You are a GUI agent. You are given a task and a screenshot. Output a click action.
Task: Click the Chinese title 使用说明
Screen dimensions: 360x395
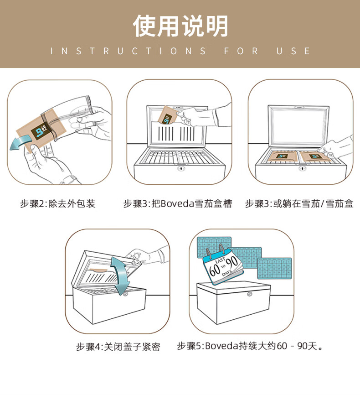[x=180, y=26]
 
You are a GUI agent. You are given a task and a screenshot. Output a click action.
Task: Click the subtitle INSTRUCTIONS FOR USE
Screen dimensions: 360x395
[x=180, y=51]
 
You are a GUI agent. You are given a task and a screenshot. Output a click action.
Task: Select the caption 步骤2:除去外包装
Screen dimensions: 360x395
[x=58, y=203]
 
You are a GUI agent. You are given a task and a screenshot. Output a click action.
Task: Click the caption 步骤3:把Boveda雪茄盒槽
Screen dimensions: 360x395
[x=177, y=203]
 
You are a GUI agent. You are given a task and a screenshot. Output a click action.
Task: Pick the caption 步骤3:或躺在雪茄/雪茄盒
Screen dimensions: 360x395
[x=299, y=203]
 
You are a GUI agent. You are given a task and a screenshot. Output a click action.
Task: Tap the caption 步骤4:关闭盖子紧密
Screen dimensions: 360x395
[x=118, y=347]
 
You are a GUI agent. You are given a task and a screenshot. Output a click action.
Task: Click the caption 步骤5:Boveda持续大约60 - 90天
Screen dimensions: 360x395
[x=250, y=346]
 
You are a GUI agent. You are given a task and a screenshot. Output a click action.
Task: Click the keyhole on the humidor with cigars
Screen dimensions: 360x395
[x=181, y=168]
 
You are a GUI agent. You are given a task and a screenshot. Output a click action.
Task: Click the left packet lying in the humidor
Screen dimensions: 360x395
[x=282, y=156]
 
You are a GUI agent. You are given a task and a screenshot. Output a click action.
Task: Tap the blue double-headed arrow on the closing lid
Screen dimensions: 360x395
[x=120, y=275]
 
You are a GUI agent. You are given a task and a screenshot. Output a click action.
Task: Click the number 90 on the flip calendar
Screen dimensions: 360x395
[x=231, y=263]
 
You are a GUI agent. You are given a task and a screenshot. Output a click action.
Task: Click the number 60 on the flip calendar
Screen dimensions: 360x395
[x=215, y=270]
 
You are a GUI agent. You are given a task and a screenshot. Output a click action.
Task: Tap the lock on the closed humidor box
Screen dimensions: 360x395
[x=249, y=294]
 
